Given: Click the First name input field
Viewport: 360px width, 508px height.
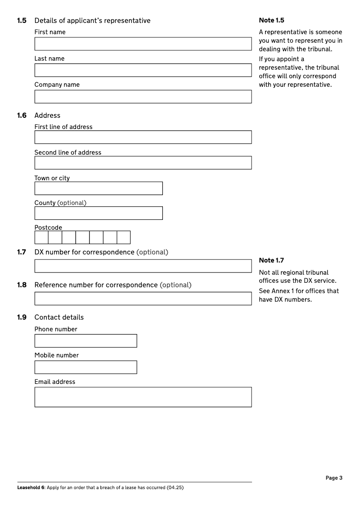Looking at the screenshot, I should (x=143, y=44).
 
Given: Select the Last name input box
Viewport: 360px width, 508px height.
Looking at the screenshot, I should (x=143, y=70).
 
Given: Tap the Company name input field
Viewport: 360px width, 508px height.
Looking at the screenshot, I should (x=143, y=97).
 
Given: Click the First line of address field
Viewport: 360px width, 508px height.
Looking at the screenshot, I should (x=143, y=137).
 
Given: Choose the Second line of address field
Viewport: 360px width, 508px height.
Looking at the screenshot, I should (x=143, y=163).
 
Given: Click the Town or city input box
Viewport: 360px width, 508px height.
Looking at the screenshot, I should (x=99, y=188).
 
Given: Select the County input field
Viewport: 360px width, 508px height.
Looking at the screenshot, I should (x=99, y=213).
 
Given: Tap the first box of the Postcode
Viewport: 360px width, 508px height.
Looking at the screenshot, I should (x=41, y=237).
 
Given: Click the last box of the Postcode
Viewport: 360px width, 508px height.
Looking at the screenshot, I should (x=123, y=237).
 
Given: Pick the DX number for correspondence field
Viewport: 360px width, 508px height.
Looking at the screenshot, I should (x=143, y=266).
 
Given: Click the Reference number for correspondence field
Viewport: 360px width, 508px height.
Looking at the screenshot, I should (x=143, y=299).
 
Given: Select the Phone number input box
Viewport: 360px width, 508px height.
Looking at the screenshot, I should (x=85, y=341).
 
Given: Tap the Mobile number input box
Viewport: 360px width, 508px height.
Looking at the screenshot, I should (x=85, y=367).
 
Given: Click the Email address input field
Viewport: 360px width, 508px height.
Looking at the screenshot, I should (x=143, y=397).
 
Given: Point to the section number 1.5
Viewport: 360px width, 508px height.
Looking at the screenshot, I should (x=22, y=21).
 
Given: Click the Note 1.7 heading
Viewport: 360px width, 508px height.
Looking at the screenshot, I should (x=271, y=260).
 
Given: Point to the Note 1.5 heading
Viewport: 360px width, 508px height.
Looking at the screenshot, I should (x=271, y=20).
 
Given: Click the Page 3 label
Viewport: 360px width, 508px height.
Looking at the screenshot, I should (x=334, y=478).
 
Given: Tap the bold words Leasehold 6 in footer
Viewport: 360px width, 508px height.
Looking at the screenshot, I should (x=31, y=488).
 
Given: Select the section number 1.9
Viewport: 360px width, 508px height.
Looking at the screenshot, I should (x=22, y=317).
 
